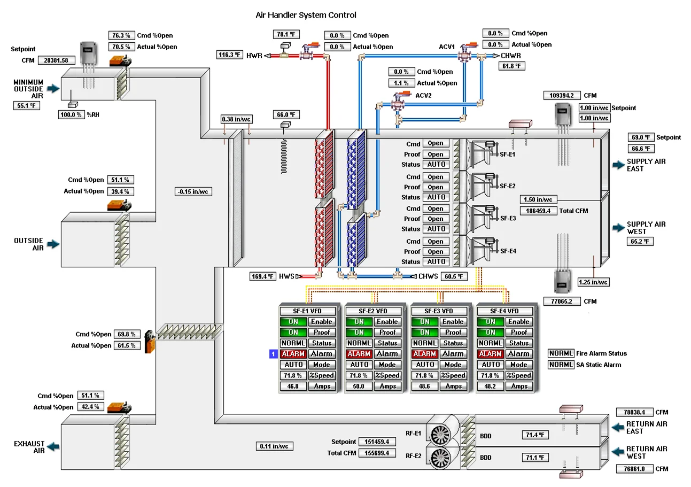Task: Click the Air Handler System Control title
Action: [306, 15]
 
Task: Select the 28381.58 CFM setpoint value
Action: [57, 60]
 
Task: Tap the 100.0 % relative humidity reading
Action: [71, 114]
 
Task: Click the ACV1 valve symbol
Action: [469, 51]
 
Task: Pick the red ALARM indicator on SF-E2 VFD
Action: [359, 354]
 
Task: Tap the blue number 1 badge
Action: [273, 354]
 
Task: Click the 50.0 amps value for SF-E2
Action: [359, 386]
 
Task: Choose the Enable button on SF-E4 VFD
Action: [518, 322]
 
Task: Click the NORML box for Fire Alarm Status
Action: [561, 353]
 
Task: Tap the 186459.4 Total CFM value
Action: [538, 211]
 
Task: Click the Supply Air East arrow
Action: [618, 165]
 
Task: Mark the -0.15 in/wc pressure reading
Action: [193, 191]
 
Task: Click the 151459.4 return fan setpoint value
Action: [377, 442]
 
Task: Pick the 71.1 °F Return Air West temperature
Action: [535, 458]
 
